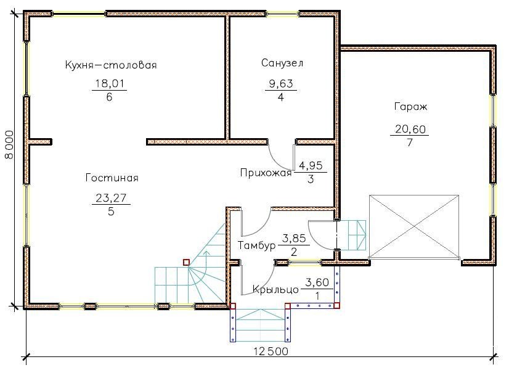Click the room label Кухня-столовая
pyautogui.click(x=111, y=65)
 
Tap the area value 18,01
pyautogui.click(x=110, y=83)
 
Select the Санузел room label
pyautogui.click(x=282, y=63)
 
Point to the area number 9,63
pyautogui.click(x=281, y=83)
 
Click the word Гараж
pyautogui.click(x=410, y=107)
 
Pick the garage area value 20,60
pyautogui.click(x=410, y=129)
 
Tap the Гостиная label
pyautogui.click(x=112, y=178)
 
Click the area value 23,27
pyautogui.click(x=111, y=198)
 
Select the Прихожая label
pyautogui.click(x=266, y=173)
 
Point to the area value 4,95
pyautogui.click(x=311, y=165)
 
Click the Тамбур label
pyautogui.click(x=256, y=245)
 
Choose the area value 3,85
pyautogui.click(x=294, y=239)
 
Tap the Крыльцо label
pyautogui.click(x=275, y=289)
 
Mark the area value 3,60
pyautogui.click(x=317, y=282)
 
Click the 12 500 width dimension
pyautogui.click(x=271, y=351)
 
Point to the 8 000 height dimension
pyautogui.click(x=10, y=144)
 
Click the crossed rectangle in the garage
pyautogui.click(x=415, y=227)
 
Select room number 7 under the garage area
pyautogui.click(x=410, y=142)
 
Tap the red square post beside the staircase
pyautogui.click(x=186, y=262)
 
